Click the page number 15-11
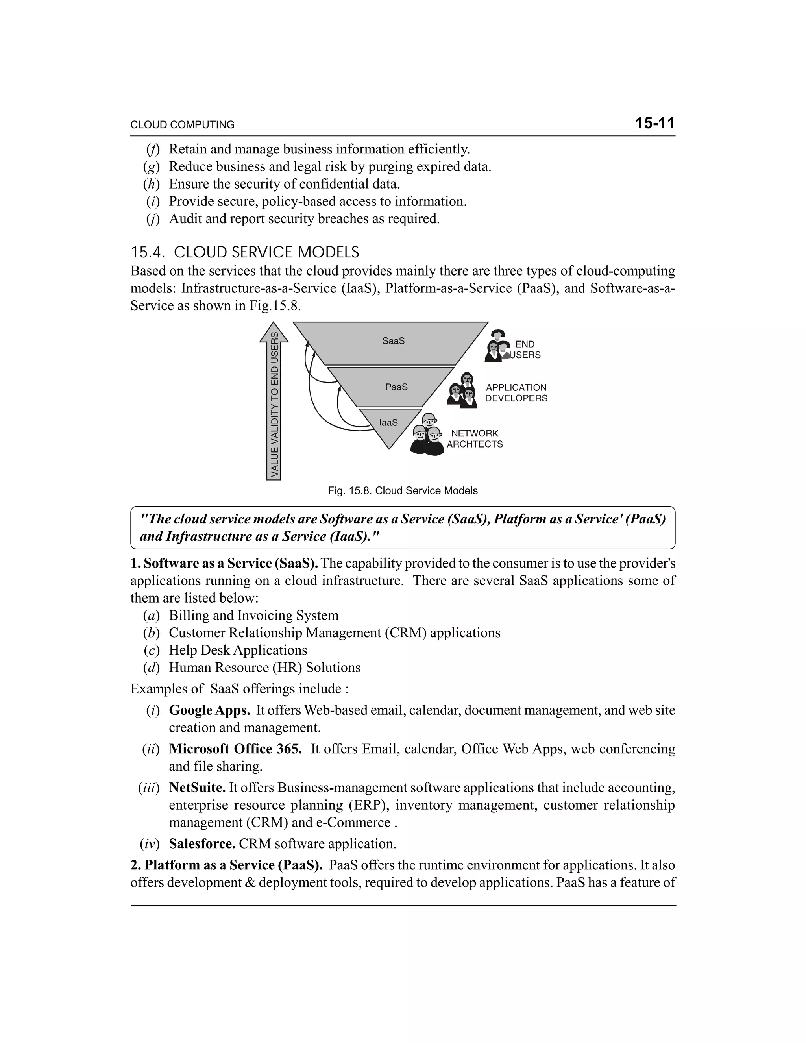pyautogui.click(x=654, y=123)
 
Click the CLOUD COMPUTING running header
pyautogui.click(x=182, y=125)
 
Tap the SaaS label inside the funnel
pyautogui.click(x=394, y=341)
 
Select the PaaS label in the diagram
pyautogui.click(x=396, y=387)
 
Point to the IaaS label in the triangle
pyautogui.click(x=388, y=423)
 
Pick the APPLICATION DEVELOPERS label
pyautogui.click(x=516, y=392)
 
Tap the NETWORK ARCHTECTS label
pyautogui.click(x=475, y=438)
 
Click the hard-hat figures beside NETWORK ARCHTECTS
pyautogui.click(x=427, y=436)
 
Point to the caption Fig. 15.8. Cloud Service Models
pyautogui.click(x=403, y=490)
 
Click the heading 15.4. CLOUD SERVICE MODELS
pyautogui.click(x=245, y=252)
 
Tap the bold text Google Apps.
pyautogui.click(x=209, y=710)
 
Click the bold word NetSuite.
pyautogui.click(x=197, y=787)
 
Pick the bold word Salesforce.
pyautogui.click(x=201, y=843)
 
